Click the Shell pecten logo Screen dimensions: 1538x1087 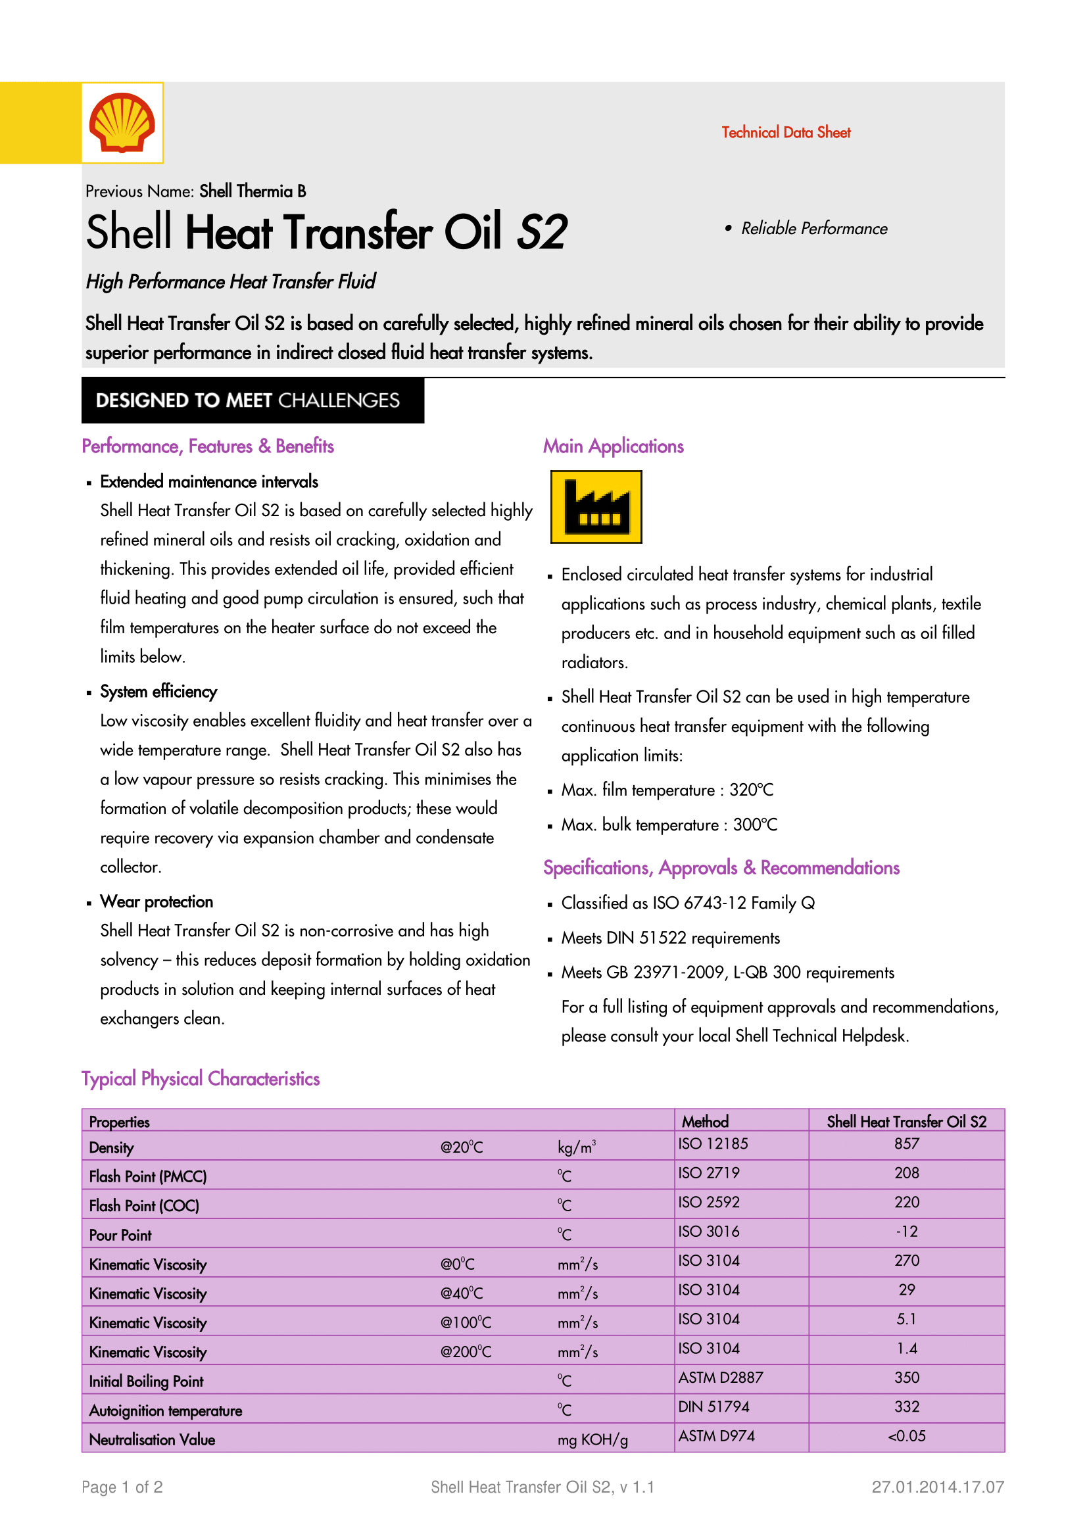122,122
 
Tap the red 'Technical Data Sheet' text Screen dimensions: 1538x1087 786,133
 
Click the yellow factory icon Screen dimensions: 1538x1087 595,506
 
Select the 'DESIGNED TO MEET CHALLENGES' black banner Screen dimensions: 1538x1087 253,400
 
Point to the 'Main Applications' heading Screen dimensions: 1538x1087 613,446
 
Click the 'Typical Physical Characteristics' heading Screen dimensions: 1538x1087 201,1078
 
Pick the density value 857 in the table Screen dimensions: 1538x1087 906,1144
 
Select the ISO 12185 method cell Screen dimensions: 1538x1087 713,1144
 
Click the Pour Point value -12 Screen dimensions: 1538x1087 906,1232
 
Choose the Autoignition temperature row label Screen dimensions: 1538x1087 166,1410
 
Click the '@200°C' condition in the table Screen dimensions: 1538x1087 466,1352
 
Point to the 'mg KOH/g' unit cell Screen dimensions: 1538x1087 592,1440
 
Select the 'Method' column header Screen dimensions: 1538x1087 704,1121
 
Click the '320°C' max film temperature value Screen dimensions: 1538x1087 751,790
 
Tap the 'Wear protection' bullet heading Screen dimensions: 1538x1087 156,901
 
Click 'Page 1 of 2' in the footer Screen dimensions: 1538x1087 122,1487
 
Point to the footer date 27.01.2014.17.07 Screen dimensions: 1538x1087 938,1487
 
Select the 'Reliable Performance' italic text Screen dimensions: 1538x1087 813,228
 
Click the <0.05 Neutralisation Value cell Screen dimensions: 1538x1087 906,1436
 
